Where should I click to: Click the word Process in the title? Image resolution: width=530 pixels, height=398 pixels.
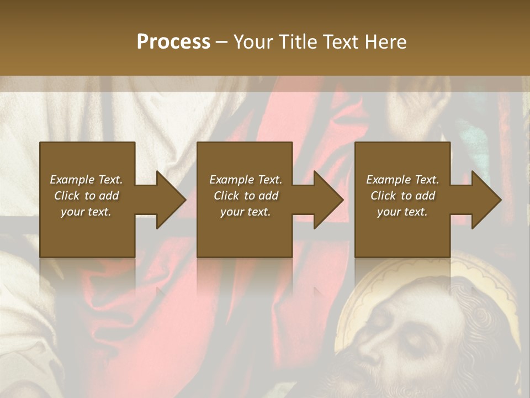point(173,41)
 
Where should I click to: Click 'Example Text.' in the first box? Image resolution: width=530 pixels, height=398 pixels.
point(86,180)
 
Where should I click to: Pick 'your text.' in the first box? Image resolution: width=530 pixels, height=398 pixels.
point(86,212)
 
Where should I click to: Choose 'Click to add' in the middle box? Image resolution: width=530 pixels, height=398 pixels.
point(246,196)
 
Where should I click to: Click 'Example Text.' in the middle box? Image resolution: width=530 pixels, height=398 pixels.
point(246,180)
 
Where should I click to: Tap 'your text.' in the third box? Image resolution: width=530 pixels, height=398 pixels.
point(402,212)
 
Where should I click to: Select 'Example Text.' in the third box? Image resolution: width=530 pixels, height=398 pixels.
point(402,180)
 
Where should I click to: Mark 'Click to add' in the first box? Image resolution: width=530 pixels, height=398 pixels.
point(86,196)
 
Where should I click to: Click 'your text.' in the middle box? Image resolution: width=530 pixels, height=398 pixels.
point(246,212)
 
